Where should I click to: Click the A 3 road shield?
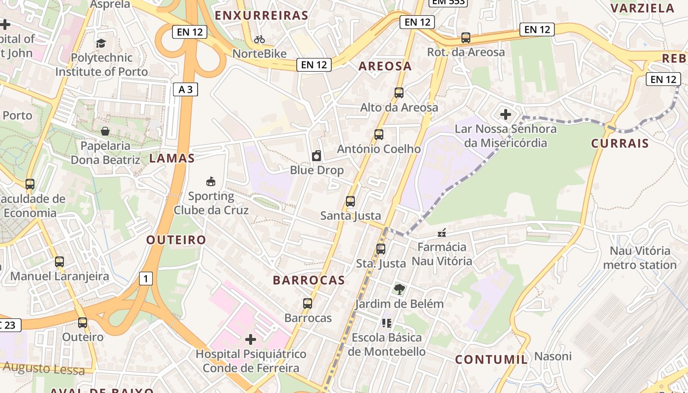coord(185,89)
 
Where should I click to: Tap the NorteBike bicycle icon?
coord(259,39)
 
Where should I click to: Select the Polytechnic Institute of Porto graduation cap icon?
coord(101,43)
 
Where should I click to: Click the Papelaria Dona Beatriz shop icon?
coord(105,131)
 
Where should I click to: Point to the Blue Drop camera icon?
coord(316,156)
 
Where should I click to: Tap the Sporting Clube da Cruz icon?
coord(211,182)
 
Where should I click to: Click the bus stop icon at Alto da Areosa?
coord(399,93)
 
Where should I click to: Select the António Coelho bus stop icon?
coord(378,135)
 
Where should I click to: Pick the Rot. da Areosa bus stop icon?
coord(465,38)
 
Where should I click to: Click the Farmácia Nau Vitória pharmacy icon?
coord(442,233)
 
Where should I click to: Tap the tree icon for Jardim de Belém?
coord(399,289)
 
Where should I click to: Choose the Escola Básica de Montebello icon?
coord(387,323)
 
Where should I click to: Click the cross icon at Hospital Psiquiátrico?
coord(251,339)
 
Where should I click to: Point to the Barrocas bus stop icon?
coord(308,304)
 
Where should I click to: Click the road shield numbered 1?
coord(145,279)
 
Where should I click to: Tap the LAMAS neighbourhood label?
coord(172,158)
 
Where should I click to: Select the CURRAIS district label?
coord(620,143)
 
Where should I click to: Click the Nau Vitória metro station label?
coord(639,258)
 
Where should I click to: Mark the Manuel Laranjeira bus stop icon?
coord(59,262)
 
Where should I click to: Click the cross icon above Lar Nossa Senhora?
coord(505,115)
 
